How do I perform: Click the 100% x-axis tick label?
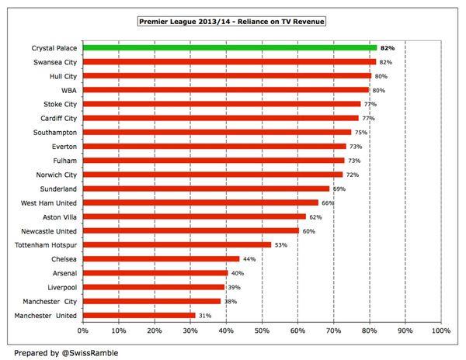tap(440, 331)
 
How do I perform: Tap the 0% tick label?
tap(82, 331)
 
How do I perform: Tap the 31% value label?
tap(205, 315)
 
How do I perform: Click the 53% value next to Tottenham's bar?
tap(282, 244)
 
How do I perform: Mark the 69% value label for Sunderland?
tap(339, 189)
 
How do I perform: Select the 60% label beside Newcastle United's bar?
tap(308, 230)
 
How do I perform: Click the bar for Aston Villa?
tap(193, 216)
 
